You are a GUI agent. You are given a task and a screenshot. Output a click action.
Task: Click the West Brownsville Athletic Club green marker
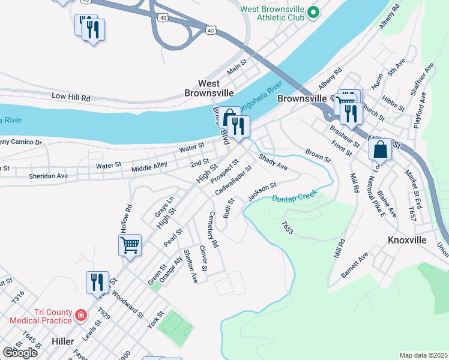(x=313, y=12)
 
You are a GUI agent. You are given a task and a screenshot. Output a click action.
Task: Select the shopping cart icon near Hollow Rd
(x=130, y=245)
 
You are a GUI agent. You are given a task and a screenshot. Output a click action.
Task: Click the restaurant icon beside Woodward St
(x=97, y=282)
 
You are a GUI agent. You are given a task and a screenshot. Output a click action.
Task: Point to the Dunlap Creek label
(x=294, y=198)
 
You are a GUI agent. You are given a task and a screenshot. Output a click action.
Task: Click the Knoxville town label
(x=407, y=240)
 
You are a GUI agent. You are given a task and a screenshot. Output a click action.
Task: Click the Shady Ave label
(x=273, y=162)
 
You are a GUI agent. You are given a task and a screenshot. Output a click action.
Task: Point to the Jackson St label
(x=261, y=192)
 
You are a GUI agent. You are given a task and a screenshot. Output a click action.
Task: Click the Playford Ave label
(x=422, y=110)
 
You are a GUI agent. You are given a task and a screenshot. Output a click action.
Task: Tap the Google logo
(x=20, y=353)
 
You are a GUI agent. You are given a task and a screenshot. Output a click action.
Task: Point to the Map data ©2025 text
(x=423, y=355)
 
